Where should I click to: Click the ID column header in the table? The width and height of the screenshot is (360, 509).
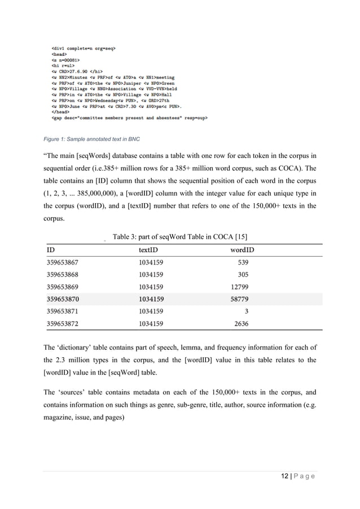[x=51, y=249]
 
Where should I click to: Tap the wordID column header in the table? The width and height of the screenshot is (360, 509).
[x=242, y=249]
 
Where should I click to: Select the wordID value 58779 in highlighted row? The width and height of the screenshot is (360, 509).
[x=240, y=299]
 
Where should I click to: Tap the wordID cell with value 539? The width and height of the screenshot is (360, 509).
[x=243, y=262]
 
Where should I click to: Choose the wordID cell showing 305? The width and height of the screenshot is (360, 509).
[x=243, y=274]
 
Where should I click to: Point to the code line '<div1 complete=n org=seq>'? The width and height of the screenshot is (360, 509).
[x=84, y=49]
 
